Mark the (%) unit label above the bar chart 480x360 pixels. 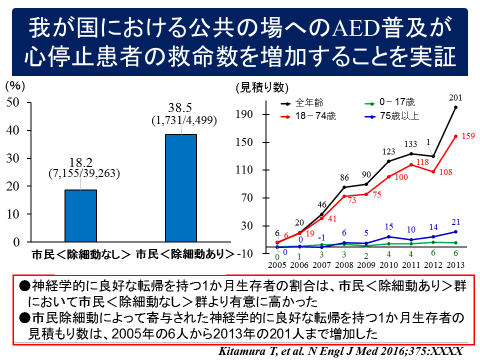18,86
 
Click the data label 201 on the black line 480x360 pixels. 456,97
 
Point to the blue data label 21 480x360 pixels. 457,221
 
